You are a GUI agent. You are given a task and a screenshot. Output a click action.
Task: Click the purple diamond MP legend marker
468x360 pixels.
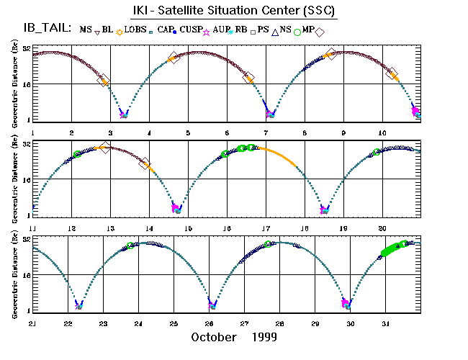tap(320, 30)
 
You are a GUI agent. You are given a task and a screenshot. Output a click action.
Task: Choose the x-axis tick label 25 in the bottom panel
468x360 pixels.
tap(174, 324)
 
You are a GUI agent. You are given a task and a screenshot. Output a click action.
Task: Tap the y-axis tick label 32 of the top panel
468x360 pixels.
tap(25, 50)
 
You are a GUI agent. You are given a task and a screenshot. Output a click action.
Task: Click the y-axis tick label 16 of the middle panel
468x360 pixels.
tap(25, 180)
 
